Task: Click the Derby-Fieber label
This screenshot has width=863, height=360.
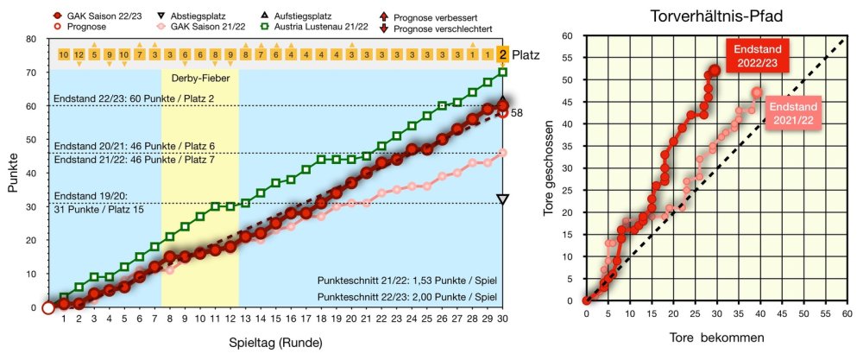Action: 199,78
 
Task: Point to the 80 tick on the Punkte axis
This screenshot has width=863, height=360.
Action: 31,39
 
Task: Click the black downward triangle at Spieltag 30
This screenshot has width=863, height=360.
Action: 503,199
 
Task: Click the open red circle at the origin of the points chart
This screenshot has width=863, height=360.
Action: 47,308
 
